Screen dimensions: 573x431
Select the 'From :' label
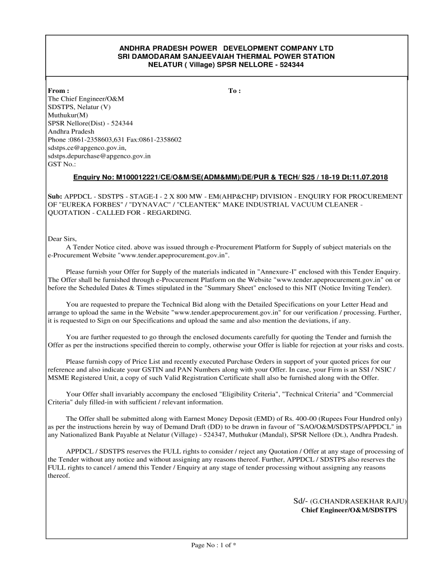pos(59,91)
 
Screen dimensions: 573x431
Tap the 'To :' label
pos(235,91)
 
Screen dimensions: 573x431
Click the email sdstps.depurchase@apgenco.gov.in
pos(100,156)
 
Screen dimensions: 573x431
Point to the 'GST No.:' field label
pos(62,165)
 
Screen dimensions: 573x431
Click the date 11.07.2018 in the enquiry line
pos(369,177)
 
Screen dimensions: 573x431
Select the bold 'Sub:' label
pos(55,196)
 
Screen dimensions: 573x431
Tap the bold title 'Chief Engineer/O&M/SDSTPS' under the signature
pos(349,510)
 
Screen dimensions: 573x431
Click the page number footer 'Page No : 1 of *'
pos(214,545)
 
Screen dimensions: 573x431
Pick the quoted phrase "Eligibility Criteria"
pos(252,394)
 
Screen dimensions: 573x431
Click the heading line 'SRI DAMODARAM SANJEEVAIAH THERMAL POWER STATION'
pos(226,57)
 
